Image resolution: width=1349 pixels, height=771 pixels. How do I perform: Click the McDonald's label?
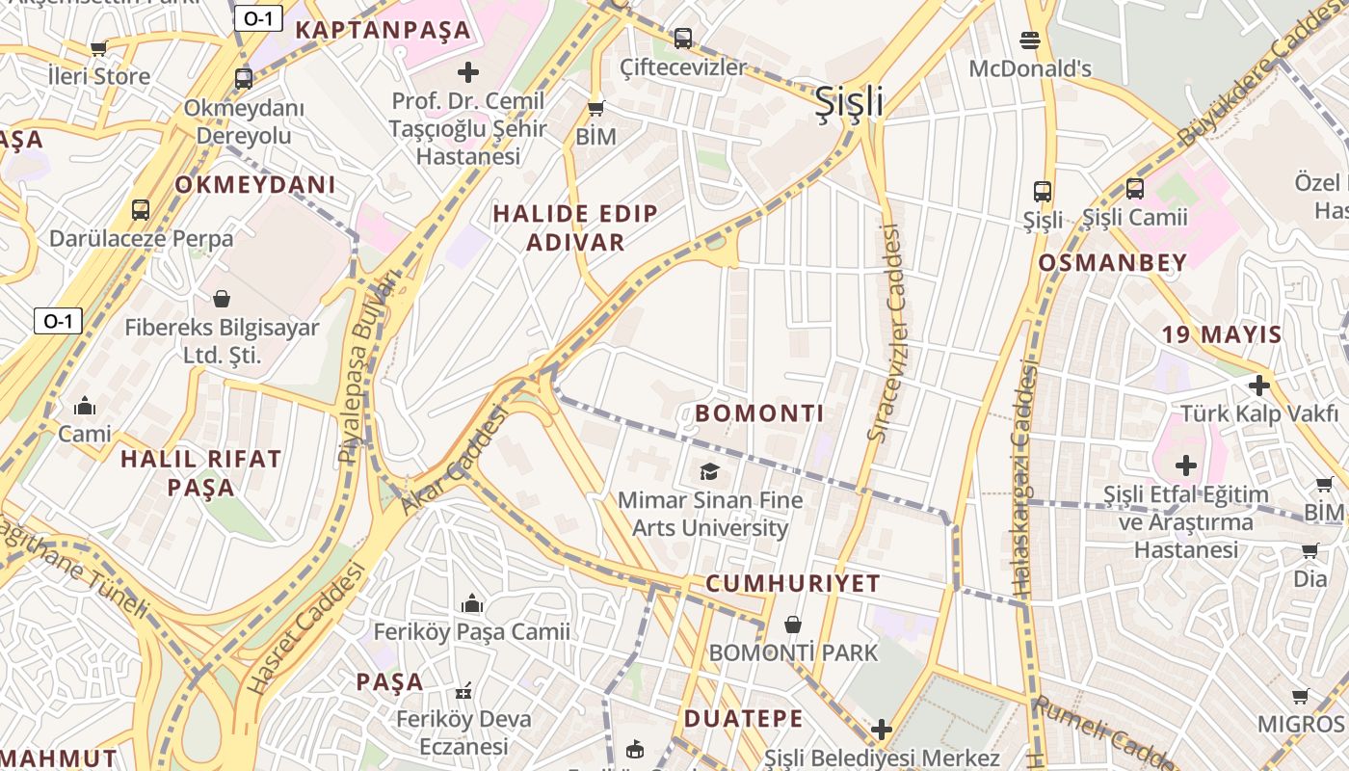(1029, 68)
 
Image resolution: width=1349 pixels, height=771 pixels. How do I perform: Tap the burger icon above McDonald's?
(1029, 40)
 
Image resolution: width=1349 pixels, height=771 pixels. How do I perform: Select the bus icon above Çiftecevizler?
(683, 39)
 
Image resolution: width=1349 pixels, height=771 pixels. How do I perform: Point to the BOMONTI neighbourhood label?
(759, 413)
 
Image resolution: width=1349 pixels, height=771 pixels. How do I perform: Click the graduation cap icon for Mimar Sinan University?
(710, 471)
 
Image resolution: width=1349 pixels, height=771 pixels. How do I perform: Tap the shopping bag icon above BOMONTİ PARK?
(793, 625)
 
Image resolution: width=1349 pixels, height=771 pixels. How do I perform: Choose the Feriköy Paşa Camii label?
(471, 632)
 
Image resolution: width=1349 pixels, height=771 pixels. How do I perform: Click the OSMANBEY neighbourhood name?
(1112, 262)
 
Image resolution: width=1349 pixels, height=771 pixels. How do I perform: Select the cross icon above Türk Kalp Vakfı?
(1258, 385)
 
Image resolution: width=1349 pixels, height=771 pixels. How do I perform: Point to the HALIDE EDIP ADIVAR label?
(575, 227)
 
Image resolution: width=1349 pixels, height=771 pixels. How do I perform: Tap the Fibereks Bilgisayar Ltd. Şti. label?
(222, 341)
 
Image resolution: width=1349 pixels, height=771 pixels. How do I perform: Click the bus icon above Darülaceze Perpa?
(141, 209)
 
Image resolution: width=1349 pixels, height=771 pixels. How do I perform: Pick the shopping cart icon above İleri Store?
(98, 48)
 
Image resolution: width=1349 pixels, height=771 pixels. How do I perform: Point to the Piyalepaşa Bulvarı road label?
(367, 366)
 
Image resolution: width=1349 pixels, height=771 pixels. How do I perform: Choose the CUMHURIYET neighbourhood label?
(792, 583)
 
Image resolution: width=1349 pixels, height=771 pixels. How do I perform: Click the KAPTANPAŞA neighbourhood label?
(383, 29)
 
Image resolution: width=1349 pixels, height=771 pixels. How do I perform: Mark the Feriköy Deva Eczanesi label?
(464, 732)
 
